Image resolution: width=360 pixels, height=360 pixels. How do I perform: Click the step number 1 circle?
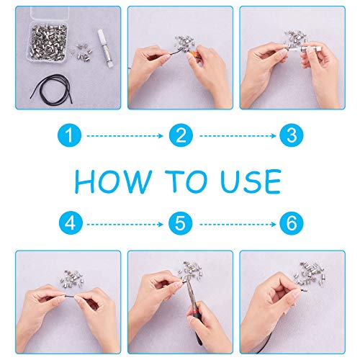click(69, 135)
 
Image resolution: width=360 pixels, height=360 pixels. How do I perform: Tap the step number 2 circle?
click(181, 135)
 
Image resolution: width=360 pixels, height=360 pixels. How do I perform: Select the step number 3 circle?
click(292, 135)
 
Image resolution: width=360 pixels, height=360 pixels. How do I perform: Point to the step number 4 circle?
click(71, 223)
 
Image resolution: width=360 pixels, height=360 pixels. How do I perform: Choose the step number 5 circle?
click(181, 223)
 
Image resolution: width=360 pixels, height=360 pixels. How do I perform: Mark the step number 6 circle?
click(292, 223)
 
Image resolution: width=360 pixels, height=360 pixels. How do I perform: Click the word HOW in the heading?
click(113, 181)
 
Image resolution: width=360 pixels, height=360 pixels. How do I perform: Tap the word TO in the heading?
click(186, 181)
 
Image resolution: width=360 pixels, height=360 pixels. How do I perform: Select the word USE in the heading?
click(251, 181)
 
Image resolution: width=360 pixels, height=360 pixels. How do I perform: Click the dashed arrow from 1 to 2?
click(125, 136)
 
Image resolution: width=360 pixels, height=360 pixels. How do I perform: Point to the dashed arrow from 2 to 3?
click(238, 136)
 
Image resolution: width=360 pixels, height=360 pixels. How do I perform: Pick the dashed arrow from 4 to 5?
click(125, 225)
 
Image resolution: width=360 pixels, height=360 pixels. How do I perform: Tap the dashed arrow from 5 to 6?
click(238, 225)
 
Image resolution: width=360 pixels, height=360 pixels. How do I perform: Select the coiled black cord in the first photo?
click(52, 89)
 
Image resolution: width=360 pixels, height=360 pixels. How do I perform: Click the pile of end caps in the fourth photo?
click(72, 279)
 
